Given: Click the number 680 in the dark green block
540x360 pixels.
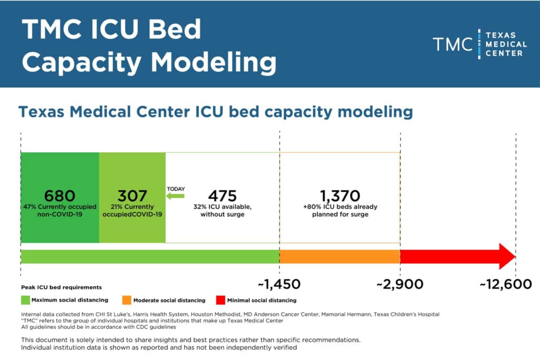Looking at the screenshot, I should coord(60,196).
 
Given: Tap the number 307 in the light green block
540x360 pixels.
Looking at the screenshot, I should coord(132,196).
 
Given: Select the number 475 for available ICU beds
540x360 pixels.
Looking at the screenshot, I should coord(222,196).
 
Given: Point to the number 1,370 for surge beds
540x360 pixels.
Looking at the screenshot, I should coord(340,196).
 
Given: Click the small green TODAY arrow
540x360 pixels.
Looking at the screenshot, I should coord(176,196).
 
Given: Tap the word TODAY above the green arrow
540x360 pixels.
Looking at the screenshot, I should coord(176,189).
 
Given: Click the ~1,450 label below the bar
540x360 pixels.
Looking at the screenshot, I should coord(279,285).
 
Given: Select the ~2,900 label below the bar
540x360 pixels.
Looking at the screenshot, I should coord(400,285).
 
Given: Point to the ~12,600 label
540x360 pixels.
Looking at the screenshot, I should coord(505,285).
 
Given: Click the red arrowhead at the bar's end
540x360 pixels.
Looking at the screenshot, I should coord(506,257).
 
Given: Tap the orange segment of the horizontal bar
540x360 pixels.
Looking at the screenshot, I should coord(340,257).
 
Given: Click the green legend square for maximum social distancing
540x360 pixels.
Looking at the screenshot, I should coord(25,300).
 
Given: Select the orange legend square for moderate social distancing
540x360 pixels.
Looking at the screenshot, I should coord(127,300).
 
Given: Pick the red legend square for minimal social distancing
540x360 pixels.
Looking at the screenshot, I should coord(221,300).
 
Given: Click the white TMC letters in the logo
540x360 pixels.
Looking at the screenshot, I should coord(452,44).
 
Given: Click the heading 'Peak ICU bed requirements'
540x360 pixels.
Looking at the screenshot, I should coord(61,287).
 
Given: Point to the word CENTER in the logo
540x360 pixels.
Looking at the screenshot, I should coord(505,53).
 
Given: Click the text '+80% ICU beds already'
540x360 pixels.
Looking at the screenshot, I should coord(340,207).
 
